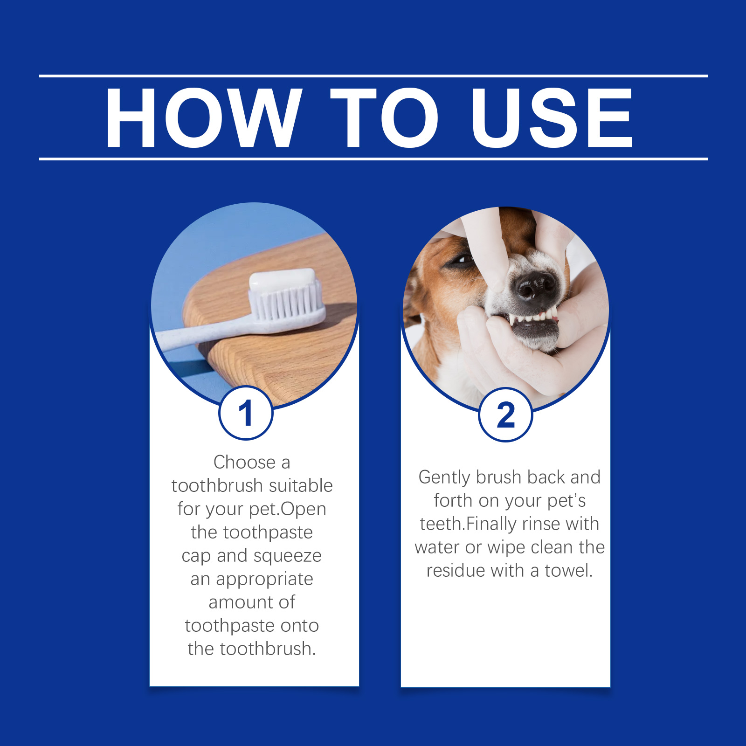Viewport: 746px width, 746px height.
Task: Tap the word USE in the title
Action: coord(552,118)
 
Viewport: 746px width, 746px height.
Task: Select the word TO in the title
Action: coord(384,118)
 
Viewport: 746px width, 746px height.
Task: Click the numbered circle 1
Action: coord(246,413)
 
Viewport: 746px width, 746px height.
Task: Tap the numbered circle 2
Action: coord(506,414)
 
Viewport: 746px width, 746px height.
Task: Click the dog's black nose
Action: coord(535,285)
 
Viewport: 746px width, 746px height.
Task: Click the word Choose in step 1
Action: coord(245,462)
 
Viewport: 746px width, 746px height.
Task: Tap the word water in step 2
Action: coord(437,547)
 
